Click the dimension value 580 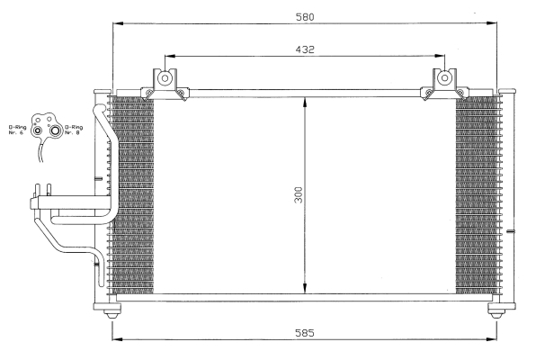(305, 17)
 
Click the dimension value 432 (305, 49)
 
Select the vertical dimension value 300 (299, 194)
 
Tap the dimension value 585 (305, 333)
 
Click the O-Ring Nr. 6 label (17, 130)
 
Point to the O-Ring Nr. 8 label (74, 130)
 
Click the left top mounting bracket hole (165, 78)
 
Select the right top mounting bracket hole (444, 78)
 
